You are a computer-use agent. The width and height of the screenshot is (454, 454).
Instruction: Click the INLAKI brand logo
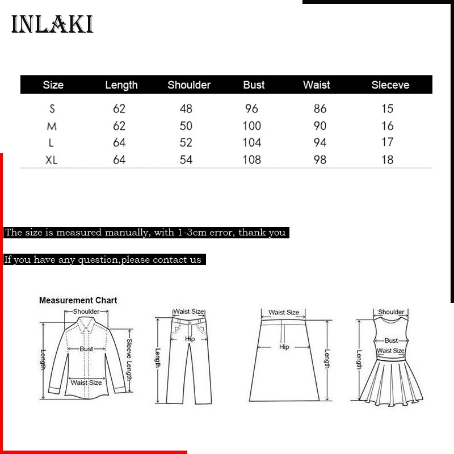(x=52, y=24)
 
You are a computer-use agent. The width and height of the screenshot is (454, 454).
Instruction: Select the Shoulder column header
(x=189, y=85)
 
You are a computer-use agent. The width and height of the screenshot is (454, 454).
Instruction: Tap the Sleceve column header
(x=390, y=85)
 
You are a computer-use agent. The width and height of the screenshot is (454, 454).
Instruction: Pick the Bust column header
(x=254, y=85)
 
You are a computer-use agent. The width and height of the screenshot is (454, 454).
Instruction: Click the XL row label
(x=52, y=160)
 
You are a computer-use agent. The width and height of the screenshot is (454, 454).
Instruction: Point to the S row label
(x=52, y=109)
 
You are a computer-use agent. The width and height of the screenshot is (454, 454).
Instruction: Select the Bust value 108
(x=252, y=160)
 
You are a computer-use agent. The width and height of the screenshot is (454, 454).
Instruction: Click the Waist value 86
(x=320, y=109)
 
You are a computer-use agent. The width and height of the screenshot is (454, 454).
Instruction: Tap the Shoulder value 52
(x=186, y=142)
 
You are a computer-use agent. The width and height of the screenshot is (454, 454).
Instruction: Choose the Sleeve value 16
(x=388, y=126)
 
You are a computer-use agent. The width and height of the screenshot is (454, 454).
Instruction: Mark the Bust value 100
(x=252, y=126)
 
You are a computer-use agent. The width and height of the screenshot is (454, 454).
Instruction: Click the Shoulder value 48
(x=186, y=109)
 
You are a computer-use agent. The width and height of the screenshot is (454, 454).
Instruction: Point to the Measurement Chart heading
(x=78, y=300)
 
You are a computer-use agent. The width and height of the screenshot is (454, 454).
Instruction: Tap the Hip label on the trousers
(x=190, y=339)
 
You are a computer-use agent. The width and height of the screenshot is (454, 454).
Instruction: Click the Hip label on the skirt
(x=284, y=347)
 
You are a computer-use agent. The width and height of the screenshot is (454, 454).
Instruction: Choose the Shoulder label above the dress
(x=391, y=312)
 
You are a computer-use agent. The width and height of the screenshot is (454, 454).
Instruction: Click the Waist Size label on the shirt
(x=86, y=382)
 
